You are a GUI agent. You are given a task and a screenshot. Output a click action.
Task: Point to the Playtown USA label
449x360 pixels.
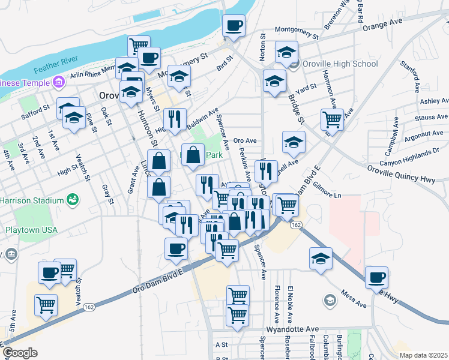pos(31,229)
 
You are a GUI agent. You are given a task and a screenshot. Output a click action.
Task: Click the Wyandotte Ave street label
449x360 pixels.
pos(294,329)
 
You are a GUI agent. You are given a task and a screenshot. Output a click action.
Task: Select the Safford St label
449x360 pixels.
pos(34,110)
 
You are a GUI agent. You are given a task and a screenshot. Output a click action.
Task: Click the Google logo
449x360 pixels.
pos(19,353)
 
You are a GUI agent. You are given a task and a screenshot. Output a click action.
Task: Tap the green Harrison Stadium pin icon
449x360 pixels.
pos(73,199)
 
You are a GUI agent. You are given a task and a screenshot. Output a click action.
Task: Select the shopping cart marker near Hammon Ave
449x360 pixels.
pos(332,119)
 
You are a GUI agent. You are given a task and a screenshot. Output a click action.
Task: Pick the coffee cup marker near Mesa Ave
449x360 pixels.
pos(376,277)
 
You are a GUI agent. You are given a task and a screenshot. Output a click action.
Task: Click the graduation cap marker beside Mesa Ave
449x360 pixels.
pos(321,259)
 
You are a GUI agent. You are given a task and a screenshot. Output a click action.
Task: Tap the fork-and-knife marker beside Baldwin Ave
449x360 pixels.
pos(175,119)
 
